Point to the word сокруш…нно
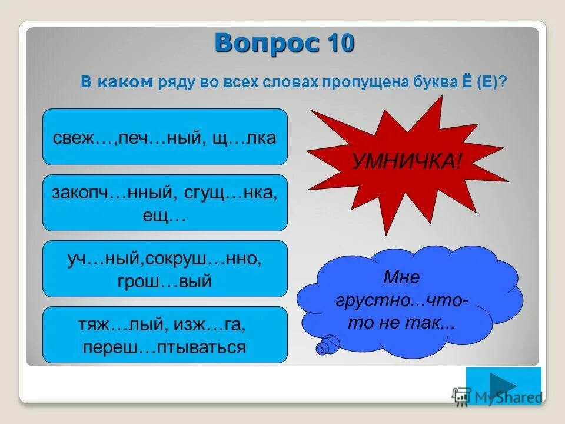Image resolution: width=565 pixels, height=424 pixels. point(209,259)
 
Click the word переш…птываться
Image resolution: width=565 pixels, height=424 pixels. point(165,347)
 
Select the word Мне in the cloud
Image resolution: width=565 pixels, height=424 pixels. point(402,277)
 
